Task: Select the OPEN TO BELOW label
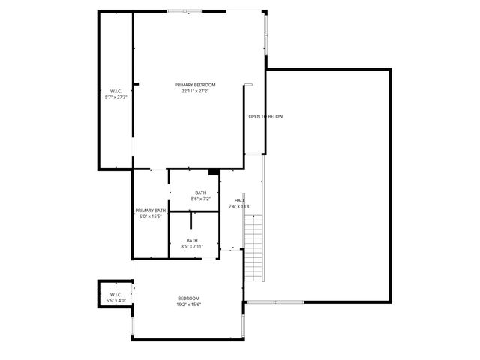(x=265, y=116)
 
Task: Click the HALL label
(x=240, y=200)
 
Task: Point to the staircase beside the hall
(x=255, y=247)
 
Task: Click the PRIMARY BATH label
(x=150, y=211)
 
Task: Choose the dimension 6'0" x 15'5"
(x=150, y=217)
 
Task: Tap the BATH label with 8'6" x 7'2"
(x=201, y=193)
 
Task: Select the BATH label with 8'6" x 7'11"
(x=193, y=240)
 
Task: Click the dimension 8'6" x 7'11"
(x=193, y=246)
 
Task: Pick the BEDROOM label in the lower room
(x=189, y=298)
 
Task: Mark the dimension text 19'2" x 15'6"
(x=189, y=304)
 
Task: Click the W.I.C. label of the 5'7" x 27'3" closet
(x=116, y=91)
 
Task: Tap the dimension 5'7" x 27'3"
(x=116, y=97)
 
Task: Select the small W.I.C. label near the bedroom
(x=115, y=294)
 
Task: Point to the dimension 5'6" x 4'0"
(x=115, y=300)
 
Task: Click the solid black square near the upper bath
(x=214, y=172)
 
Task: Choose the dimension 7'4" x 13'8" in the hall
(x=240, y=206)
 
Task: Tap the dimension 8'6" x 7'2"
(x=201, y=199)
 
